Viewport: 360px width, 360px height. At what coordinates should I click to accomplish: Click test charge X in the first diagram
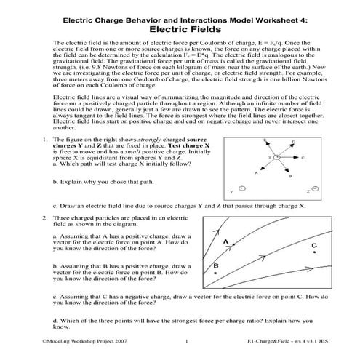(277, 157)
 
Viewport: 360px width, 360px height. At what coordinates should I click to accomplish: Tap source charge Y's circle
(241, 188)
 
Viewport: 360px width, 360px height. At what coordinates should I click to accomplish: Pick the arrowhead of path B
(287, 171)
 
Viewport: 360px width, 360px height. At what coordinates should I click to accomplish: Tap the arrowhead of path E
(267, 143)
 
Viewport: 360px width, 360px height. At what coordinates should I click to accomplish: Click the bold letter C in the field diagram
(313, 246)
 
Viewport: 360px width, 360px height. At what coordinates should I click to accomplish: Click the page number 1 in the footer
(186, 341)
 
